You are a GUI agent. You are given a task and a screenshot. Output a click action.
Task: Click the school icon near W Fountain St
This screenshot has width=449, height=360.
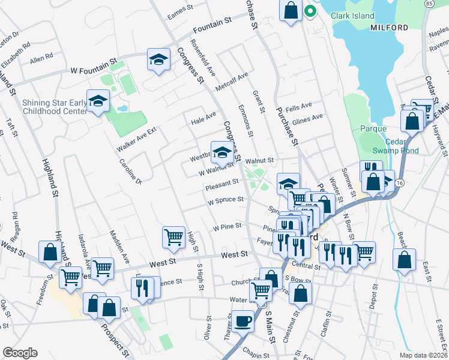(158, 60)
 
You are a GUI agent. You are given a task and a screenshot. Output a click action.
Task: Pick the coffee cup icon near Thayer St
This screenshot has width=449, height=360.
(243, 321)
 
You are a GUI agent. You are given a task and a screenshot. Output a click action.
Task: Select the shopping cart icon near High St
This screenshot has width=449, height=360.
(173, 236)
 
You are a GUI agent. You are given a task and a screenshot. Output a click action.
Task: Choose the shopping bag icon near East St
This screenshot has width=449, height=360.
(405, 259)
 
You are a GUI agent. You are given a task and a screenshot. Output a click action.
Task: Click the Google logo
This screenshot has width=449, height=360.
(20, 353)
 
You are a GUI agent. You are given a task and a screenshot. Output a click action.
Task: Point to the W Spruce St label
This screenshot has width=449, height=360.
(226, 200)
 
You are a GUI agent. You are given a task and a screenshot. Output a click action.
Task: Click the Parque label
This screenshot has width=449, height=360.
(373, 128)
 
